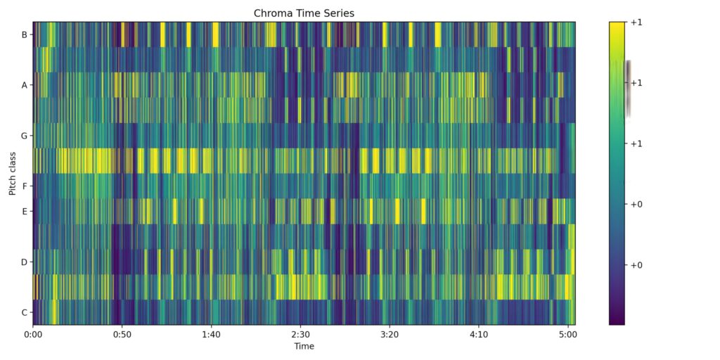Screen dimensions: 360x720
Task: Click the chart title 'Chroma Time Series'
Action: point(304,13)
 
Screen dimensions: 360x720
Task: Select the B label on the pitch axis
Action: point(25,34)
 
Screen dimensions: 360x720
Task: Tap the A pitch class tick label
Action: point(25,85)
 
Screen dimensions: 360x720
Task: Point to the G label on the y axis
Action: point(25,136)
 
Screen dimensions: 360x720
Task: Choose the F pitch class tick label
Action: point(25,186)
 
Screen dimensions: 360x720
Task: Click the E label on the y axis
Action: point(25,211)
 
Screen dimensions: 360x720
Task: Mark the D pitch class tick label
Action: point(25,262)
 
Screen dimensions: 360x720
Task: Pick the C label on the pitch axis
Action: point(25,312)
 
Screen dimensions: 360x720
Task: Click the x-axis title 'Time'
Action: point(304,346)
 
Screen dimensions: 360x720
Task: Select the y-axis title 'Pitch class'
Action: point(13,173)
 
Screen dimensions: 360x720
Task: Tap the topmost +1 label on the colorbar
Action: point(637,22)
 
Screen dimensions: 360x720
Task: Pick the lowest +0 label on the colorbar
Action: point(637,264)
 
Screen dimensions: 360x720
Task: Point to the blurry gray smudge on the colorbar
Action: point(627,88)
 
